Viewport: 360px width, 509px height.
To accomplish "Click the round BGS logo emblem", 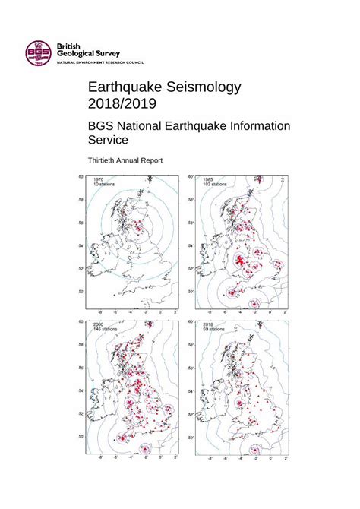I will click(34, 52).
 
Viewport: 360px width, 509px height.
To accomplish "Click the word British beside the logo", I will click(74, 46).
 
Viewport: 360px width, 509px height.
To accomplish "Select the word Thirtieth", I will click(108, 160).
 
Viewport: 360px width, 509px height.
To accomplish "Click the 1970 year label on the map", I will click(99, 179).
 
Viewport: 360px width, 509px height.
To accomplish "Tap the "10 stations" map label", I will click(105, 185).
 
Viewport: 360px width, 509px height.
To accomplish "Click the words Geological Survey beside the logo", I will click(88, 54).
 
